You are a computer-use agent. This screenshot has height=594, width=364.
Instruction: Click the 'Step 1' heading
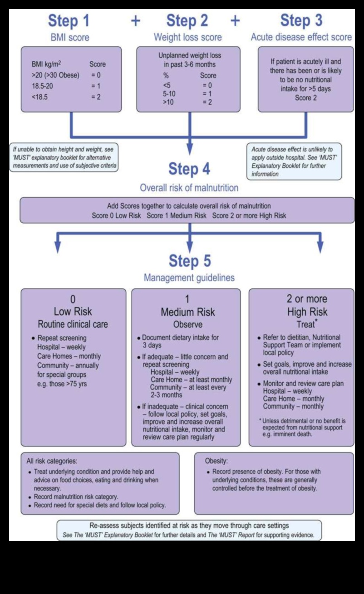[69, 21]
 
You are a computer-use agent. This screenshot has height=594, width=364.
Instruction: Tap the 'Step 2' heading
[187, 21]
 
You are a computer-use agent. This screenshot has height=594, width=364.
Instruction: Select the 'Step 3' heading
[301, 21]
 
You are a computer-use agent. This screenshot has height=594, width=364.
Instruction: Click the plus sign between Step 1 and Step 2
[135, 21]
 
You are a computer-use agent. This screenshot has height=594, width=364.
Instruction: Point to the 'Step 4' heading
[189, 169]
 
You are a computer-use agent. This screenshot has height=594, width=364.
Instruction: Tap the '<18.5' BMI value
[40, 97]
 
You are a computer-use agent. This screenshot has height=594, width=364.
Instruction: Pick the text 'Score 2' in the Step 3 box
[306, 97]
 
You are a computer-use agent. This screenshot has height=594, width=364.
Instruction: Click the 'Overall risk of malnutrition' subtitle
[189, 186]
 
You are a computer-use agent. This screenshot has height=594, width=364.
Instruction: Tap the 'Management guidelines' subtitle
[189, 278]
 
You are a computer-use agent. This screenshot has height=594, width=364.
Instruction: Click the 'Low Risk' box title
[73, 312]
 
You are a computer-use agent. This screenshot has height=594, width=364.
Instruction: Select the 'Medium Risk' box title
[187, 312]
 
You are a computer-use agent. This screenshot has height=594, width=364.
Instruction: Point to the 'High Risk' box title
[307, 312]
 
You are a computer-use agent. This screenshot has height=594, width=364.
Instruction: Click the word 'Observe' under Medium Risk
[187, 325]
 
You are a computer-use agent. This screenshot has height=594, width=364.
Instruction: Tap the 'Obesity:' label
[217, 461]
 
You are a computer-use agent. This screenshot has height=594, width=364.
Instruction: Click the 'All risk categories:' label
[52, 461]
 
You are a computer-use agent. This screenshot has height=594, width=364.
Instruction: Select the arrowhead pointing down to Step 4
[189, 150]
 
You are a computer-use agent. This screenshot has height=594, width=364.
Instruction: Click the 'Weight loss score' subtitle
[187, 37]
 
